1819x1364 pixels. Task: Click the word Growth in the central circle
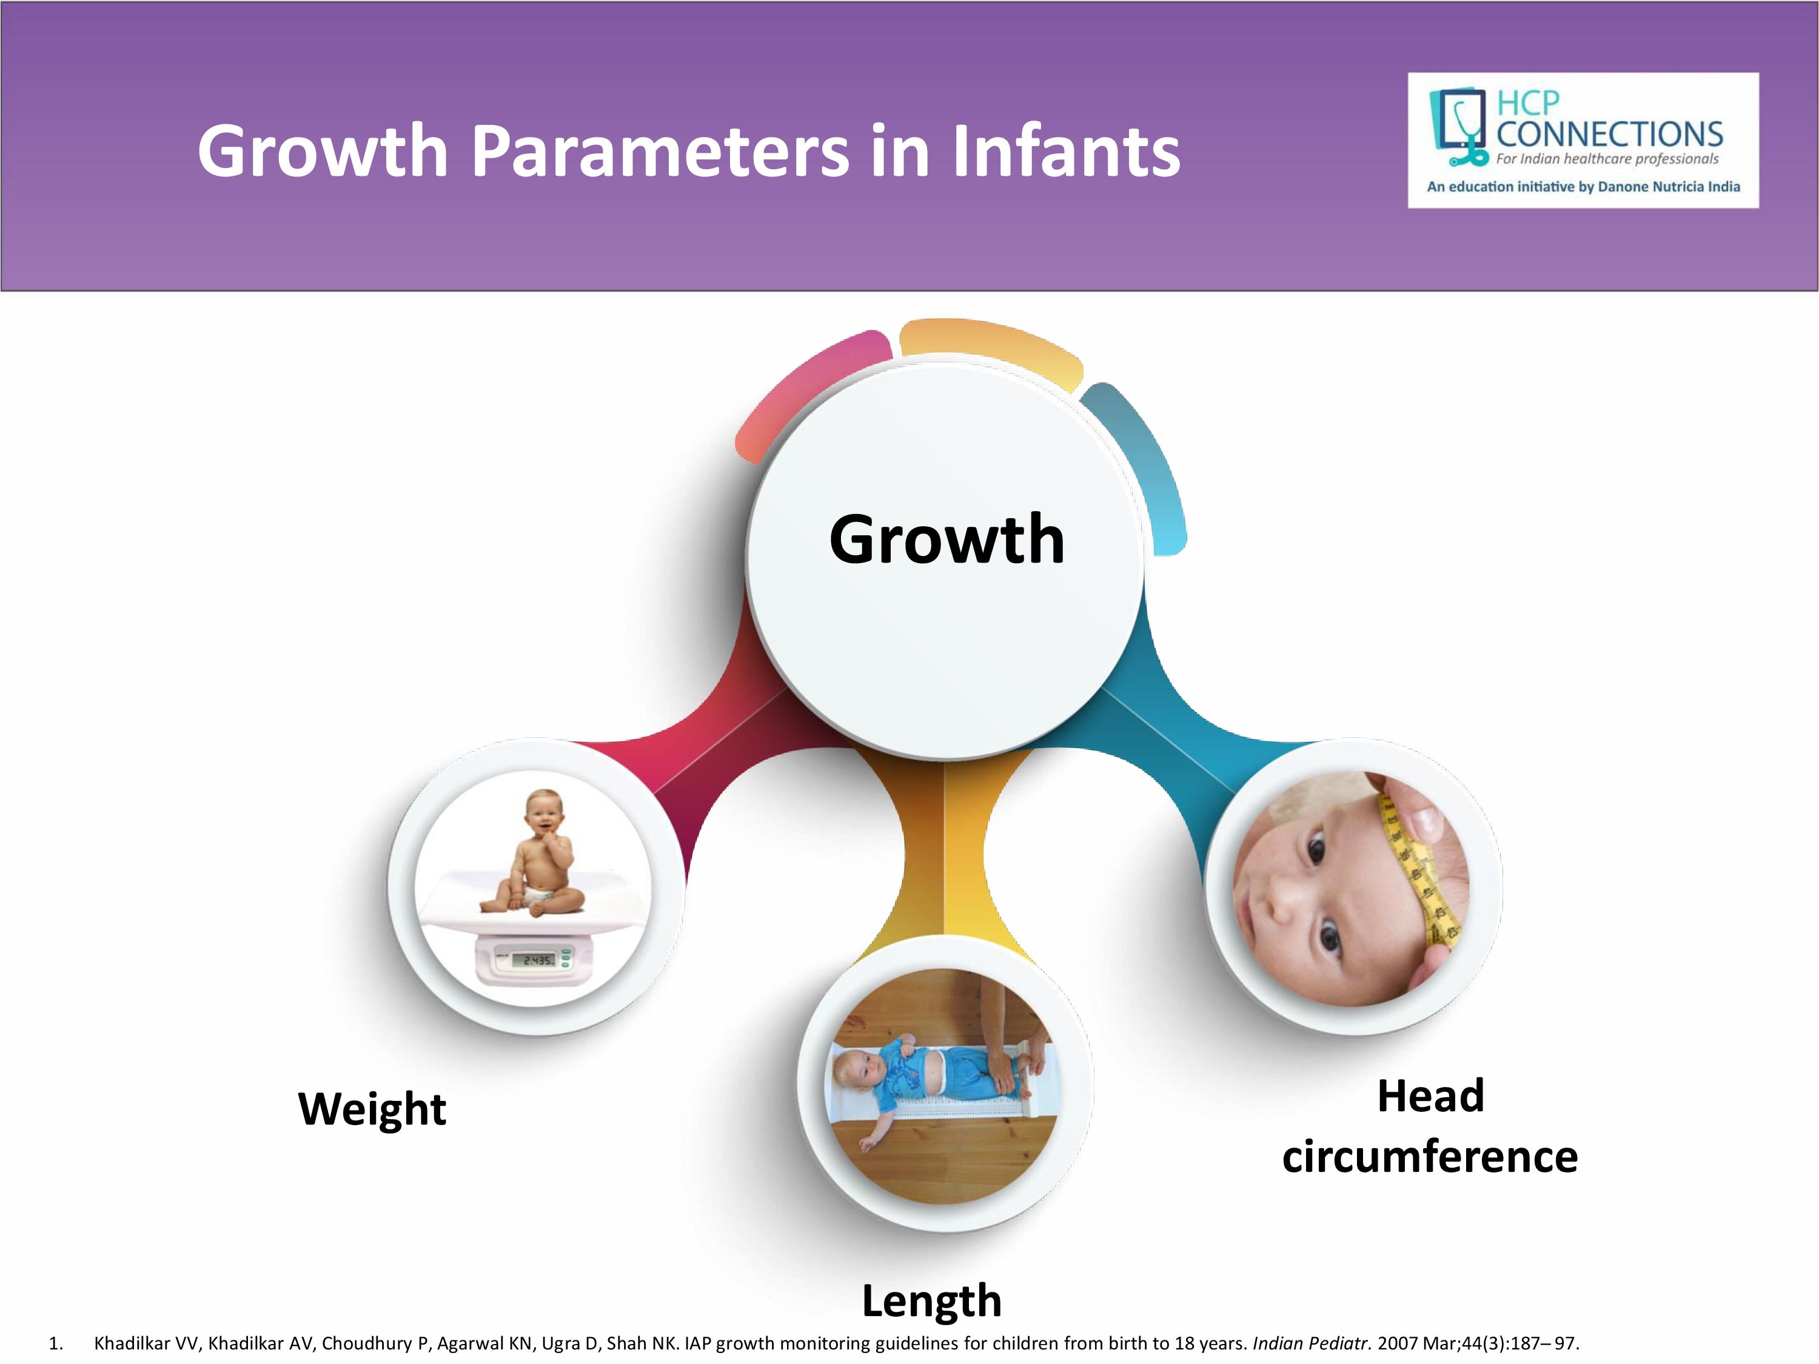(946, 540)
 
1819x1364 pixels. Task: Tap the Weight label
(372, 1110)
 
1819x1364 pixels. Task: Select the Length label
(932, 1302)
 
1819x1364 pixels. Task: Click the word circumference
(1429, 1157)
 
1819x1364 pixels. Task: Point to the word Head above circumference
(1431, 1095)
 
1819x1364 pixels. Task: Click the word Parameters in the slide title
(660, 152)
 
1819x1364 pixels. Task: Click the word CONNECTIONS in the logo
(1609, 133)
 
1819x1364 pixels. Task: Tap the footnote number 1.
(56, 1343)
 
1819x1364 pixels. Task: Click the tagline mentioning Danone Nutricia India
(1584, 187)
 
